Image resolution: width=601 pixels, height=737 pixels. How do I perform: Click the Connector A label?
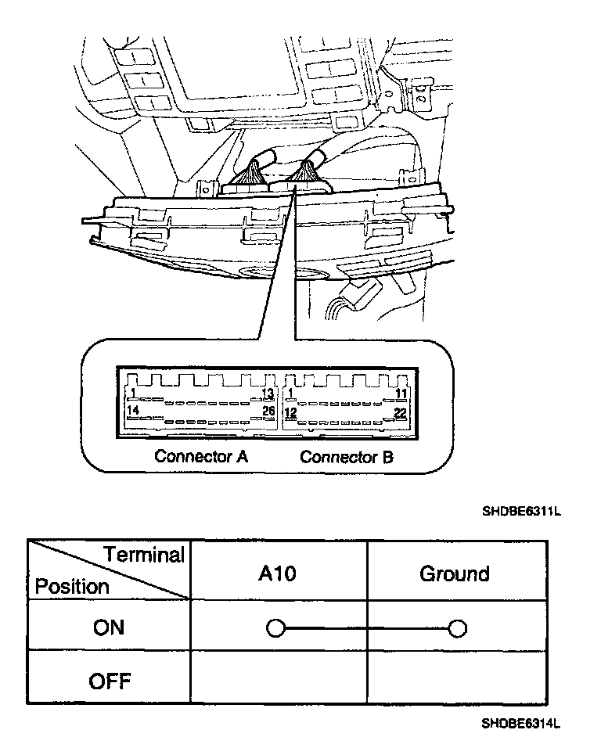coord(201,456)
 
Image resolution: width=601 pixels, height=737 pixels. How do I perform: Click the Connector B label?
coord(347,457)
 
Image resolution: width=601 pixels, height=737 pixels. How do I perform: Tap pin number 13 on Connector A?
coord(268,393)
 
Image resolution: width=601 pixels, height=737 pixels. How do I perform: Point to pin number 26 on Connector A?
coord(268,411)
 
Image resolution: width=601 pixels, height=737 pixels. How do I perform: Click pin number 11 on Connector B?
coord(401,393)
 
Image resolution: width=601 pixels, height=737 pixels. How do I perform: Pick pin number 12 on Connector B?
coord(290,412)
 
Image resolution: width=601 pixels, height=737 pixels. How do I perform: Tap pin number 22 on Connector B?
coord(401,412)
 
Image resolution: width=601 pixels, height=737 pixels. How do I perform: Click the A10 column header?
coord(278,573)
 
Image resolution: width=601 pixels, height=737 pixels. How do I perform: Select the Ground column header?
coord(455,573)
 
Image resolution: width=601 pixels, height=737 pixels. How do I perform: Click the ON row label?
coord(109,627)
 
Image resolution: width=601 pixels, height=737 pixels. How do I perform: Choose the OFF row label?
coord(109,681)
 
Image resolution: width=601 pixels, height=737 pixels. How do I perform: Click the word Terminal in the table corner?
coord(144,555)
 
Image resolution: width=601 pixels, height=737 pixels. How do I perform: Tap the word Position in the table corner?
coord(73,587)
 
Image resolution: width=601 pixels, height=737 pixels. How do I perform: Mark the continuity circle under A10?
coord(275,628)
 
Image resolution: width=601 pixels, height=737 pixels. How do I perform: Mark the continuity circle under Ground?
coord(459,628)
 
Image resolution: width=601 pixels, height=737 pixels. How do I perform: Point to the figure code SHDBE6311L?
coord(522,512)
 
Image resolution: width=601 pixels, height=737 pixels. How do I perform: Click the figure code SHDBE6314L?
coord(521,724)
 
